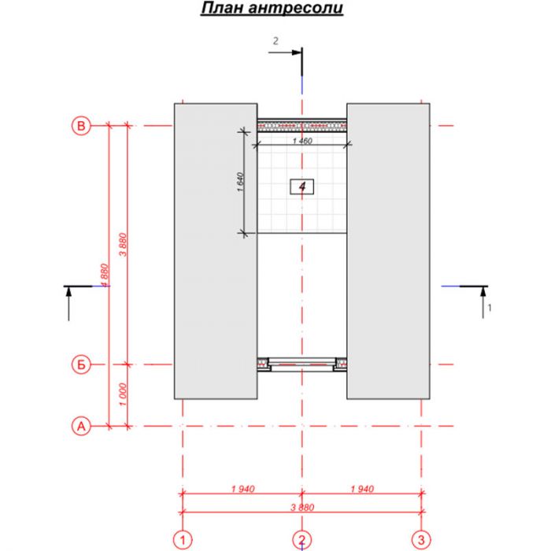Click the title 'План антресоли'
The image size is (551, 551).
[x=272, y=8]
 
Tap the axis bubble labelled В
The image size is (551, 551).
[x=81, y=125]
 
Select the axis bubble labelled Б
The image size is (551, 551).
[x=81, y=364]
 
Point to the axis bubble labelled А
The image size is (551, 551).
[x=81, y=427]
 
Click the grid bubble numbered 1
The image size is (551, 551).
[x=183, y=539]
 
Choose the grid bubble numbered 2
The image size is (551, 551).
[x=301, y=539]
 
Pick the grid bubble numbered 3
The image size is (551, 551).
[x=421, y=539]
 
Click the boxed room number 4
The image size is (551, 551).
[x=301, y=187]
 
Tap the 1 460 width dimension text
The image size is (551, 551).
[x=302, y=141]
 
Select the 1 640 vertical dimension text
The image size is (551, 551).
[x=240, y=182]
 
